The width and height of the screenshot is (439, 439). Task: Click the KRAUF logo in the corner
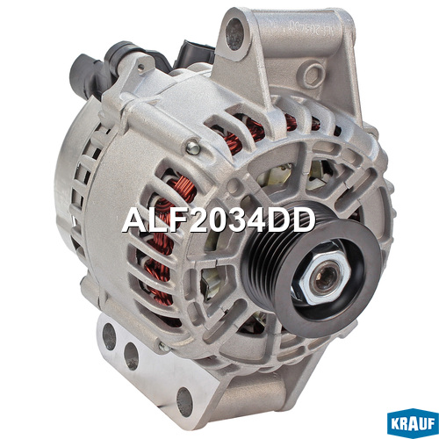tap(413, 423)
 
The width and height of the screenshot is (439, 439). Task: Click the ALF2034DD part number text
tap(219, 220)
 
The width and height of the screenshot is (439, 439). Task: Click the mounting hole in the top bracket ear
tap(234, 34)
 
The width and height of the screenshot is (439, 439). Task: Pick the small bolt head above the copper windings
tap(193, 148)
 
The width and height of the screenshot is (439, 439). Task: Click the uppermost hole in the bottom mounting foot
tap(109, 336)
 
